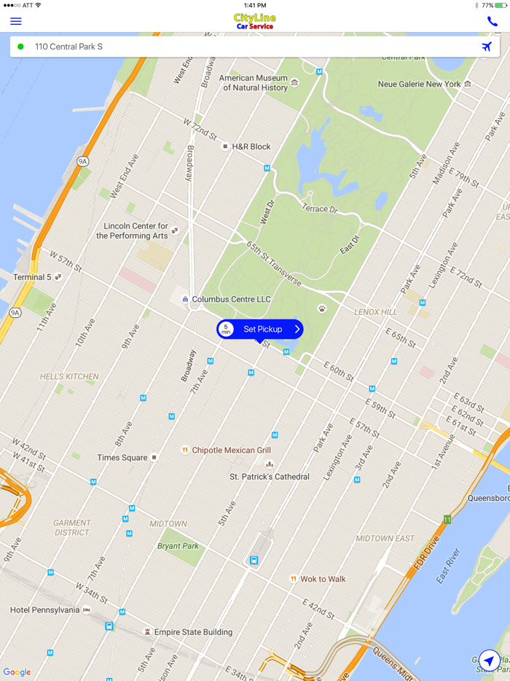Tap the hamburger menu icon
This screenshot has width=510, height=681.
point(15,21)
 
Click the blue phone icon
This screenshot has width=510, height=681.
point(493,21)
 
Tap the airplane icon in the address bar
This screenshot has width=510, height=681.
point(486,47)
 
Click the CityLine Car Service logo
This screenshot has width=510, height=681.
point(255,21)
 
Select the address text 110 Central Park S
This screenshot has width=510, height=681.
point(68,47)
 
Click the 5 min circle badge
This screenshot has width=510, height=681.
point(226,330)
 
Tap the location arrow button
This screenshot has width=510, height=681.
point(490,661)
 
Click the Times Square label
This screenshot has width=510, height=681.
point(122,458)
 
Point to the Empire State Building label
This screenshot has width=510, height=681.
point(192,632)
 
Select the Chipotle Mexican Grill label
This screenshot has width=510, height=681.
point(231,451)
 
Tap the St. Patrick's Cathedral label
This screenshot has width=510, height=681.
point(270,477)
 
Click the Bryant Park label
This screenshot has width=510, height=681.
point(178,546)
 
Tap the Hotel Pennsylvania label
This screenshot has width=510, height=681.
point(44,610)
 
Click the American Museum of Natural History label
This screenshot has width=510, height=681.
point(255,83)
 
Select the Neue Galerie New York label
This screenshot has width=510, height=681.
point(419,85)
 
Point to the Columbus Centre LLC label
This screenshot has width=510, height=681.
point(231,300)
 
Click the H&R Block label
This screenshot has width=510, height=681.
point(251,147)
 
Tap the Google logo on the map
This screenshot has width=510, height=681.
point(17,672)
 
